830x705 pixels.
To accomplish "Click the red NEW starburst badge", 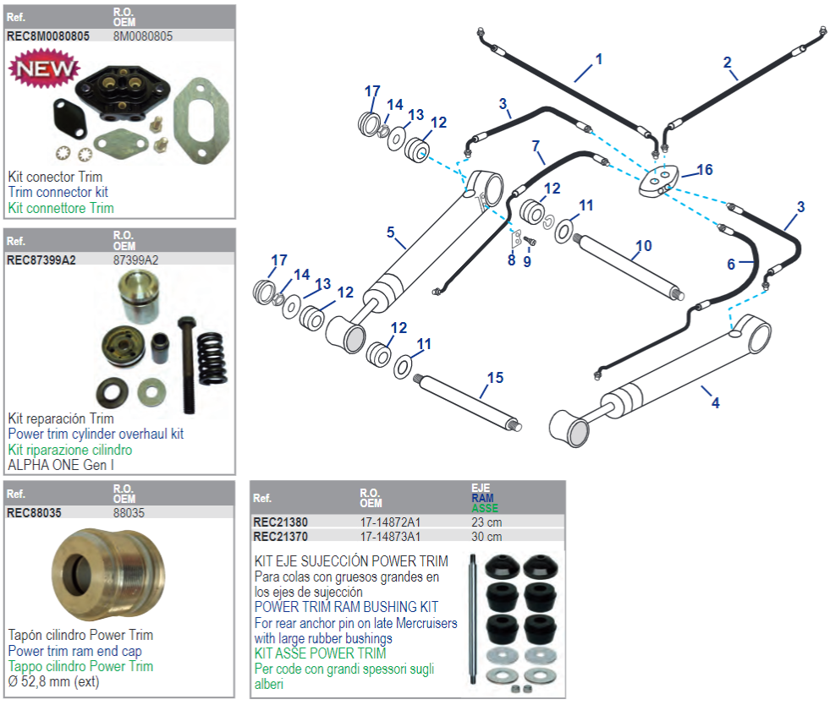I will click(42, 68).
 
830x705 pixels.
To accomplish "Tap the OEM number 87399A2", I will click(135, 260).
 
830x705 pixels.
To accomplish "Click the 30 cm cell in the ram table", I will click(486, 536).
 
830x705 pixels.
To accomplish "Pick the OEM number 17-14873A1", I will click(390, 536).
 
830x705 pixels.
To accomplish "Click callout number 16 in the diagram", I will click(704, 170).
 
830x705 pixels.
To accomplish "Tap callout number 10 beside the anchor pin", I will click(643, 246).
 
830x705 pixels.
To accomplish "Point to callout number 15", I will click(495, 377).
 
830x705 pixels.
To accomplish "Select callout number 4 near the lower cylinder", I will click(715, 403).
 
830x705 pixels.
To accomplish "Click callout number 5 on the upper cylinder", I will click(390, 231).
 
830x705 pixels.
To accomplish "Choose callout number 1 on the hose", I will click(598, 59).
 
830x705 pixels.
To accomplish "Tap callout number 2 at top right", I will click(727, 61).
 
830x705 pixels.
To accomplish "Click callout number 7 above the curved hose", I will click(536, 145).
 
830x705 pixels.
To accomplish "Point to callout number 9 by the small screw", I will click(526, 261).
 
